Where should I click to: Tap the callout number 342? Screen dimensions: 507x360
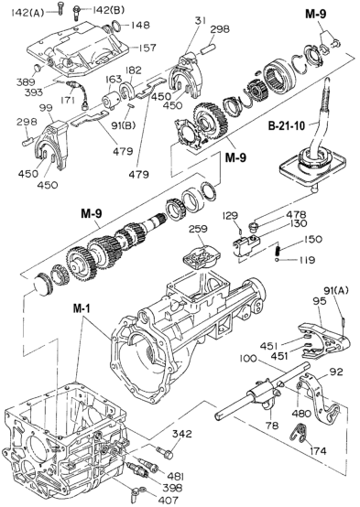(x=183, y=434)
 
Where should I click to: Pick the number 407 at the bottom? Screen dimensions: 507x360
(x=169, y=500)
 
